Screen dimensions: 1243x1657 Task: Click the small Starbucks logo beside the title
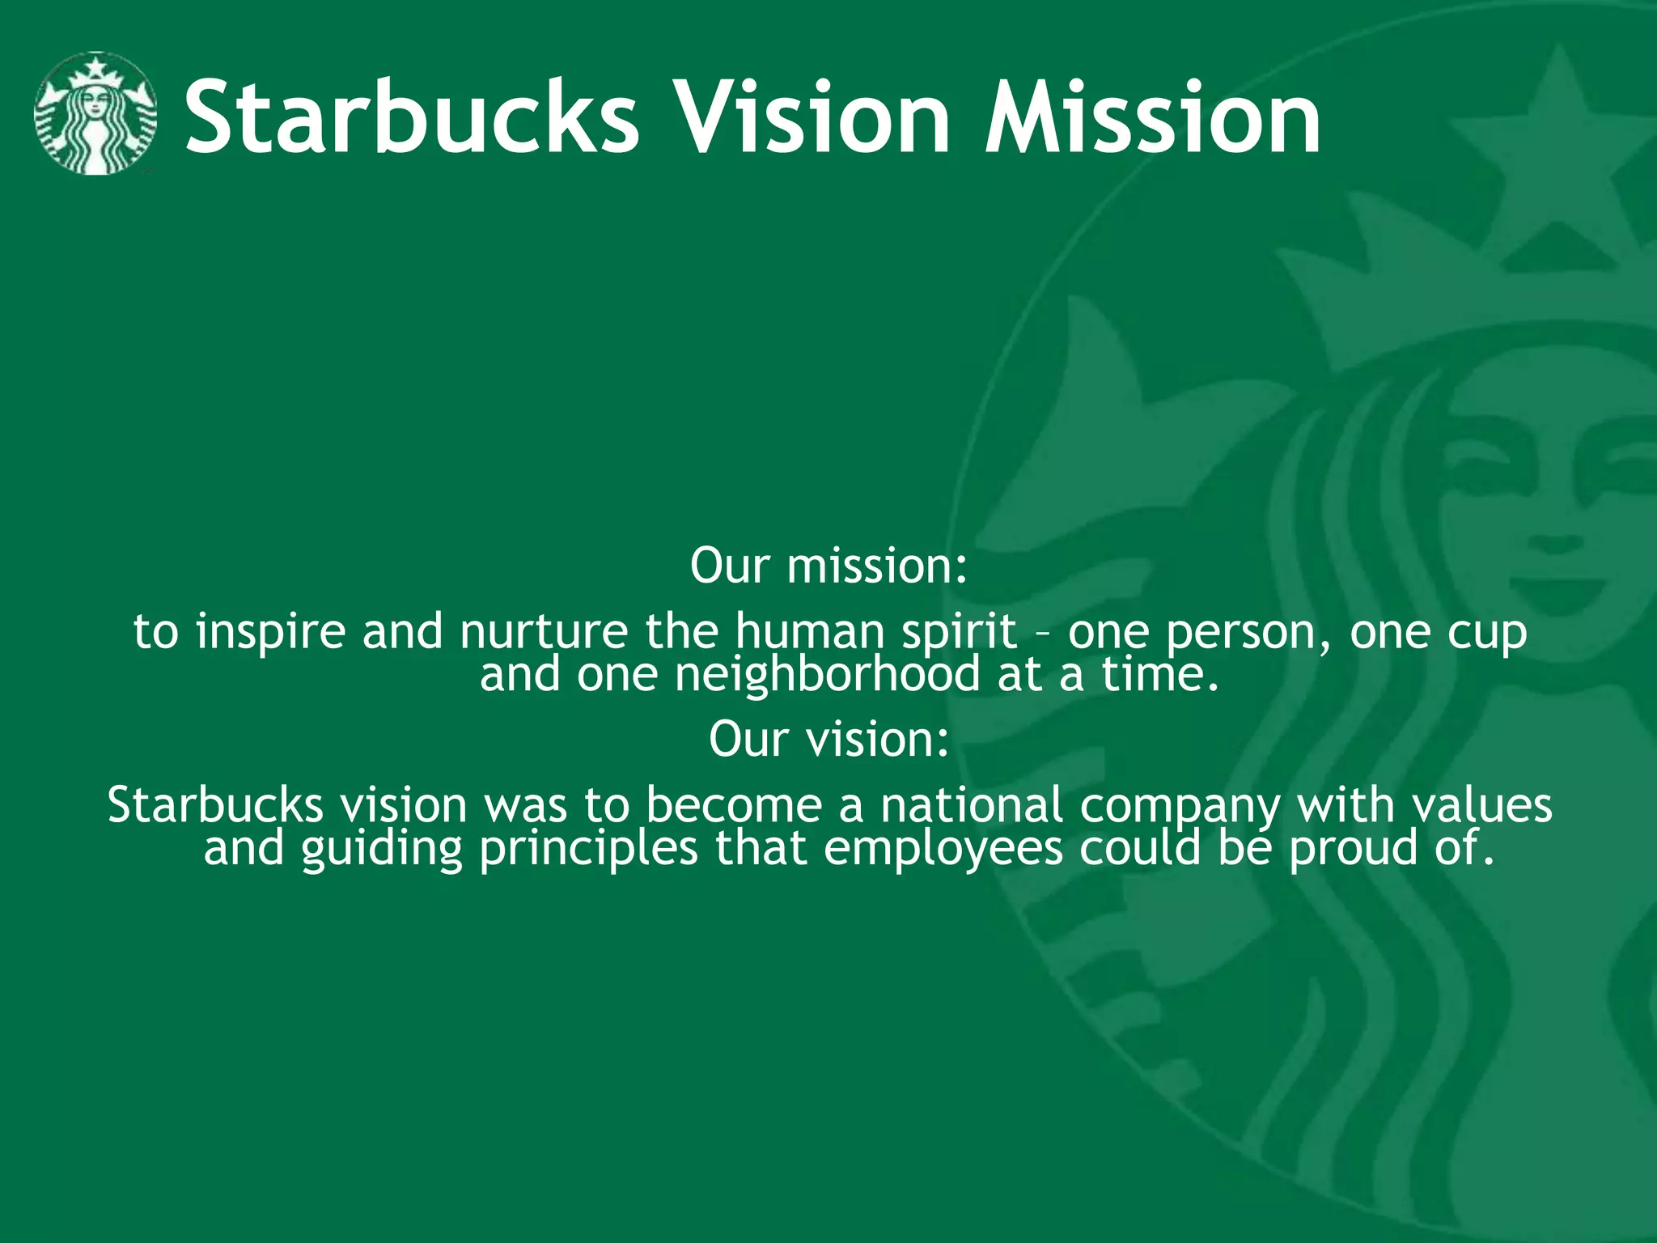coord(95,114)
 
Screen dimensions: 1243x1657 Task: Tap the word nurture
coord(544,632)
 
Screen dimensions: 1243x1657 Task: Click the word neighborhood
coord(827,675)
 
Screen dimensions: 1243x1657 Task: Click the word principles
coord(588,849)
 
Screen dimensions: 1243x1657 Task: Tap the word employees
coord(943,849)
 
